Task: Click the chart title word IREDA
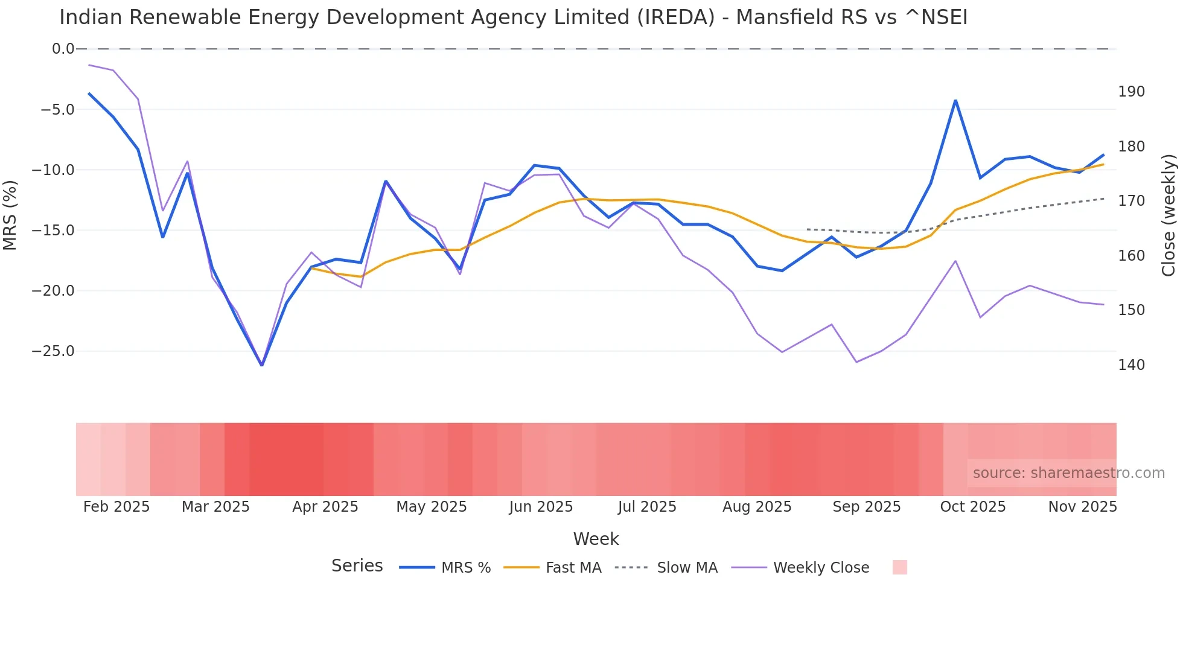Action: [676, 17]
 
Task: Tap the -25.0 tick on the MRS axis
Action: [53, 351]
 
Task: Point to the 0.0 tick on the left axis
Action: [63, 49]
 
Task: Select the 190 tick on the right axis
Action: [1131, 92]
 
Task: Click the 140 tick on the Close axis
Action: [1131, 365]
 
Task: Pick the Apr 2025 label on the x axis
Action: [325, 507]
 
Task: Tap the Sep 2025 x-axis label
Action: [866, 507]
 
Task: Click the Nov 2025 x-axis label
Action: [1082, 507]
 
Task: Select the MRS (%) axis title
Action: [10, 215]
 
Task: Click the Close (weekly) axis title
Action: [1169, 215]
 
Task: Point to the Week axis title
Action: [596, 539]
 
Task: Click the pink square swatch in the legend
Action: [899, 568]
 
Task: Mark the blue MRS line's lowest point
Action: [261, 365]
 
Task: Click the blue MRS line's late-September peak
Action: [955, 100]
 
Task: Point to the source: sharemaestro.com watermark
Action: [1068, 473]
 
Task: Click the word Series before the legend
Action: [357, 566]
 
